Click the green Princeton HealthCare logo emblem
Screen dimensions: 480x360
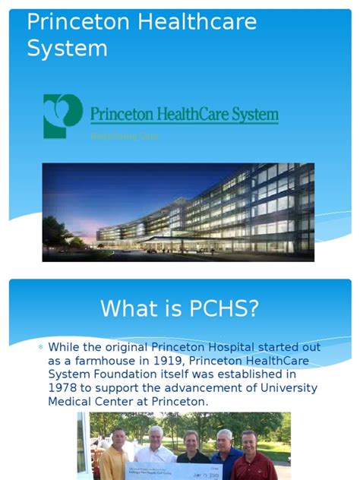pyautogui.click(x=62, y=115)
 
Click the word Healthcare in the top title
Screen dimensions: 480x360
pyautogui.click(x=197, y=22)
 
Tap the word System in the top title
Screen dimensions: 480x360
pyautogui.click(x=67, y=48)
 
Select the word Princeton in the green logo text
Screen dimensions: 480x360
pyautogui.click(x=122, y=115)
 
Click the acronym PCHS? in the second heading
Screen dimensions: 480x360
pyautogui.click(x=222, y=308)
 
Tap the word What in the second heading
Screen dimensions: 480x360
pyautogui.click(x=128, y=308)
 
